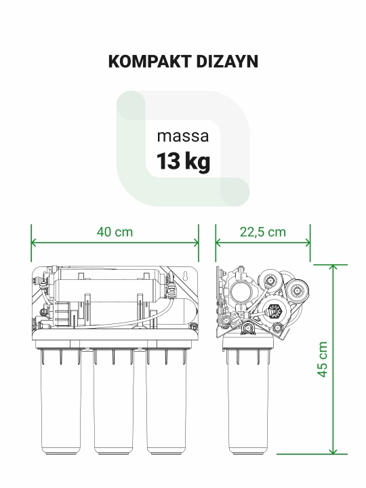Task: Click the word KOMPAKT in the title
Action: tap(149, 61)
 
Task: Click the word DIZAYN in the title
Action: tap(227, 61)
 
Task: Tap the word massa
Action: tap(183, 137)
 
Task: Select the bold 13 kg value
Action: tap(183, 161)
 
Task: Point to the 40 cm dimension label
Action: tap(115, 232)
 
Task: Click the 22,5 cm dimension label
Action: tap(263, 232)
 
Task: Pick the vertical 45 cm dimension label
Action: tap(323, 359)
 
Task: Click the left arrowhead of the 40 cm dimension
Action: tap(33, 243)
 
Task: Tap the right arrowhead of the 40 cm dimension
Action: tap(197, 243)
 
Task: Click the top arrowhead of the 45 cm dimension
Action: tap(333, 267)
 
